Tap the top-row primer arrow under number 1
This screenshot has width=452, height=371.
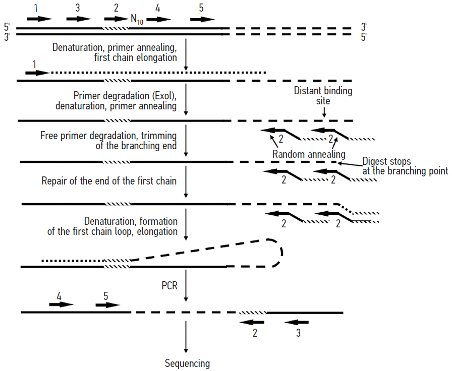(39, 19)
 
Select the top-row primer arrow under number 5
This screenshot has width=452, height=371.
(202, 19)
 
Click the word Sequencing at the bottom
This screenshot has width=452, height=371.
(187, 363)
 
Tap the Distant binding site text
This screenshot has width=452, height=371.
(323, 96)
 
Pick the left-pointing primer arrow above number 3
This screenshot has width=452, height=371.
(297, 322)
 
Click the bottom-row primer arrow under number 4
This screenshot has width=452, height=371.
(61, 304)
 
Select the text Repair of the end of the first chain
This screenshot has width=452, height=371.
(109, 180)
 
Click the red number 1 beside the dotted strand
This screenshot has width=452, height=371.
(34, 65)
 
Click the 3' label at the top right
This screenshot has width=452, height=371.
(364, 26)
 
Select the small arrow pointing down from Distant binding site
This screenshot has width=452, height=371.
(323, 114)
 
